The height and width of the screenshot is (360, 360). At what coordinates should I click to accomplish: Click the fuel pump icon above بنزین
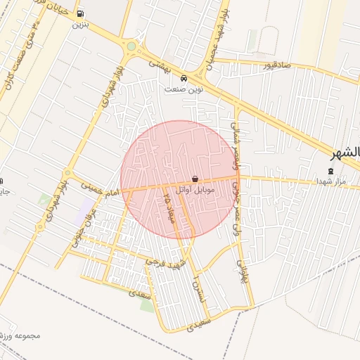click(x=80, y=14)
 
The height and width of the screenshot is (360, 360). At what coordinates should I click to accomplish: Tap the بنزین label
click(x=80, y=25)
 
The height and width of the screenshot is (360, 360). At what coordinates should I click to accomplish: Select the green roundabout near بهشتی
click(x=131, y=47)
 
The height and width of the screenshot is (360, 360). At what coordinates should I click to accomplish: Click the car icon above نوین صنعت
click(x=184, y=79)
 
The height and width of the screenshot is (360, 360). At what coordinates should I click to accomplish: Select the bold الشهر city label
click(x=347, y=153)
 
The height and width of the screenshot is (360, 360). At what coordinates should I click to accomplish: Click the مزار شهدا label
click(x=331, y=182)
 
